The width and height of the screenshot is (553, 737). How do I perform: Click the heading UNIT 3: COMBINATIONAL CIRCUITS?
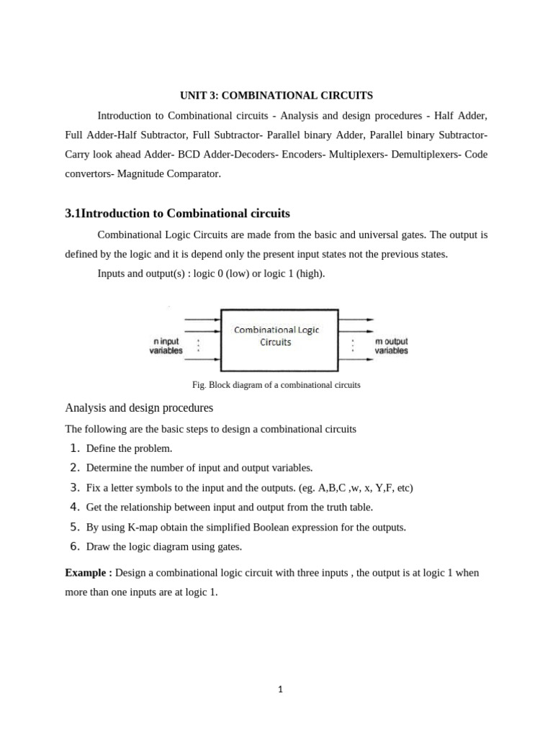click(276, 95)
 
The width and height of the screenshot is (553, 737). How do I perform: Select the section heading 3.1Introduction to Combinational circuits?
click(177, 214)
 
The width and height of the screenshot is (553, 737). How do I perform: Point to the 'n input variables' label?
click(166, 345)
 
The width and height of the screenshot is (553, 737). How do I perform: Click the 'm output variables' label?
click(392, 345)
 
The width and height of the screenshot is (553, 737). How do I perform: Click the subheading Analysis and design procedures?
click(139, 408)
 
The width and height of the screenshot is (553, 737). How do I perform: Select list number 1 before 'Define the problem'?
click(74, 448)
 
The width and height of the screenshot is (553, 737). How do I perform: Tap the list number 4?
click(74, 507)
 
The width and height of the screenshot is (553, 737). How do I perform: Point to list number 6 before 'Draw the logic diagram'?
click(74, 546)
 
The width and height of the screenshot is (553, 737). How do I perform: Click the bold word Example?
click(86, 573)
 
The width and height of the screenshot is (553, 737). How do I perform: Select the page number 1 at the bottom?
click(280, 689)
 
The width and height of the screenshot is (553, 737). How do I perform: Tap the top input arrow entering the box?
click(202, 319)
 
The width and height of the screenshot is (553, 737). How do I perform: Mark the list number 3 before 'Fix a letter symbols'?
click(74, 487)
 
